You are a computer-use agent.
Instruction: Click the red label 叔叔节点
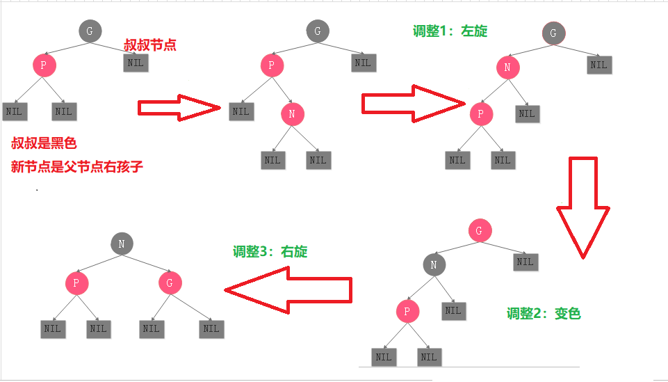149,45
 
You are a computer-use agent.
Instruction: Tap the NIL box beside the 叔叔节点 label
136,63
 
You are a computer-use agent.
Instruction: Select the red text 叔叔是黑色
44,144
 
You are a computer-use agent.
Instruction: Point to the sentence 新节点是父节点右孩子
76,167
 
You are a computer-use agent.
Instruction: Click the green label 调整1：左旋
450,31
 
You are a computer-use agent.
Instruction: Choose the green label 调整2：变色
544,314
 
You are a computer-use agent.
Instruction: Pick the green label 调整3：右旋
270,252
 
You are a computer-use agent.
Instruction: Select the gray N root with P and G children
122,243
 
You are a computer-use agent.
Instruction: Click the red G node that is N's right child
170,282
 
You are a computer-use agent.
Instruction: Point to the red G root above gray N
479,231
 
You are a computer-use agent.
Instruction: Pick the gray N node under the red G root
434,264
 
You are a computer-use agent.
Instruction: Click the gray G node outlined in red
553,33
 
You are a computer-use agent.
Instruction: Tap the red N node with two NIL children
293,113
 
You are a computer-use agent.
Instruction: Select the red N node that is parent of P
507,67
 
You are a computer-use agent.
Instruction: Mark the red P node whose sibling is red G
76,282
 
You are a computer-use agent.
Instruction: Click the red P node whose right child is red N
272,67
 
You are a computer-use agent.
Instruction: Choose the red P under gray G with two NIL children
44,65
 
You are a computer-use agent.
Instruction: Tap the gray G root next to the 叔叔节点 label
90,31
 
